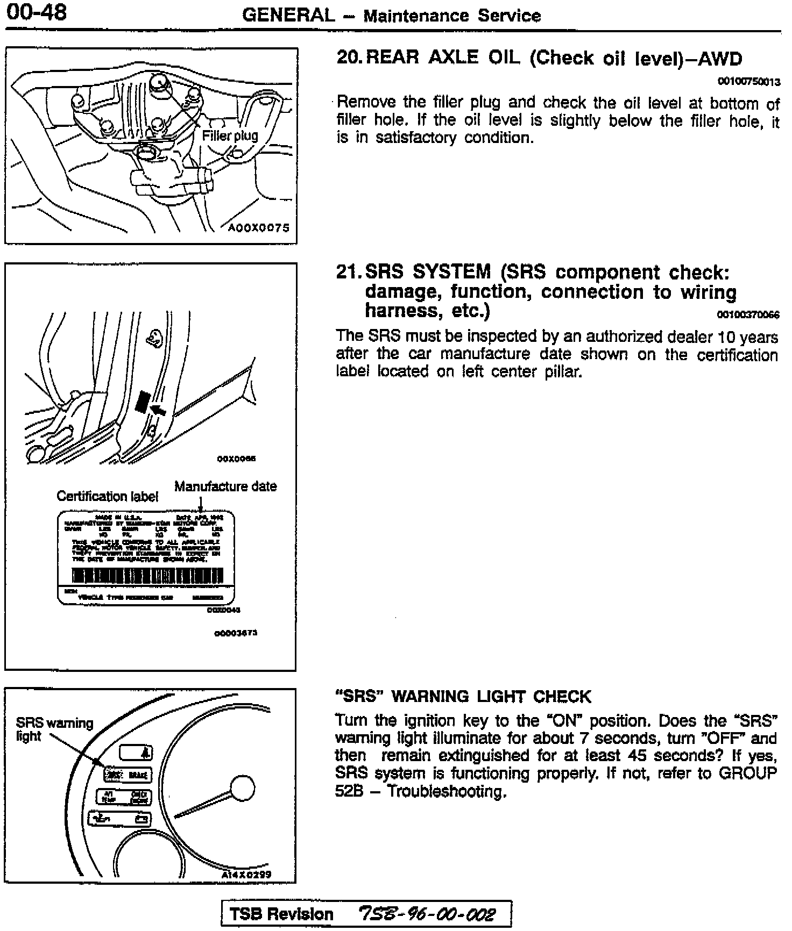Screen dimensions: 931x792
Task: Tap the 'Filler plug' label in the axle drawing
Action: point(230,136)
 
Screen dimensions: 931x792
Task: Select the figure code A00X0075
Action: point(259,228)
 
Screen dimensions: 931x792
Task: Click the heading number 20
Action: point(349,58)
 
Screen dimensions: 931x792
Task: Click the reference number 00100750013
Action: point(748,82)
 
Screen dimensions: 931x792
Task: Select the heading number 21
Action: point(348,272)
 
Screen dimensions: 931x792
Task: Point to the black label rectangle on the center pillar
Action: point(142,402)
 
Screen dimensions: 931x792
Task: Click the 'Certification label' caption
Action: point(107,496)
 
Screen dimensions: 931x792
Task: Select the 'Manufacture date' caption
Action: point(225,486)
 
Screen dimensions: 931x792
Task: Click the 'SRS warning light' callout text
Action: point(54,729)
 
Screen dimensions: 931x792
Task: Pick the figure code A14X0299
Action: point(247,874)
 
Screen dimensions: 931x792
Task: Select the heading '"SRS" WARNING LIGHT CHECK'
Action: point(463,697)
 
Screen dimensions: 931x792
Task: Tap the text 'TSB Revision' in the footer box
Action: point(281,914)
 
